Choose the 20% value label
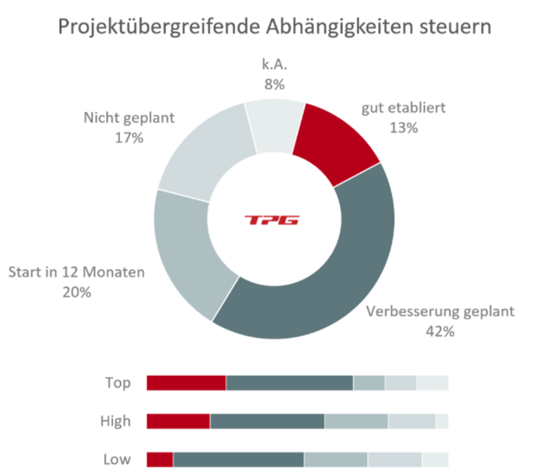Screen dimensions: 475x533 (76, 292)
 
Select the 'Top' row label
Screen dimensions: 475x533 (118, 383)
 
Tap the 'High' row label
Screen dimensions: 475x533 (116, 420)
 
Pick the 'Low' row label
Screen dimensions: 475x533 (117, 459)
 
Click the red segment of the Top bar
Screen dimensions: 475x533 (186, 383)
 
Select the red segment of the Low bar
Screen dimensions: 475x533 (160, 459)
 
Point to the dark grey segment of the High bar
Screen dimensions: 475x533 (267, 420)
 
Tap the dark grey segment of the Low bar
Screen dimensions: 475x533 (239, 459)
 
